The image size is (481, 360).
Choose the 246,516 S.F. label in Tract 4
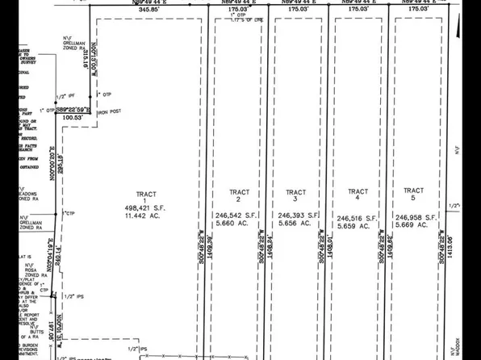click(x=358, y=218)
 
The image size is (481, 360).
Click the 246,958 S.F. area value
click(x=416, y=216)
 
